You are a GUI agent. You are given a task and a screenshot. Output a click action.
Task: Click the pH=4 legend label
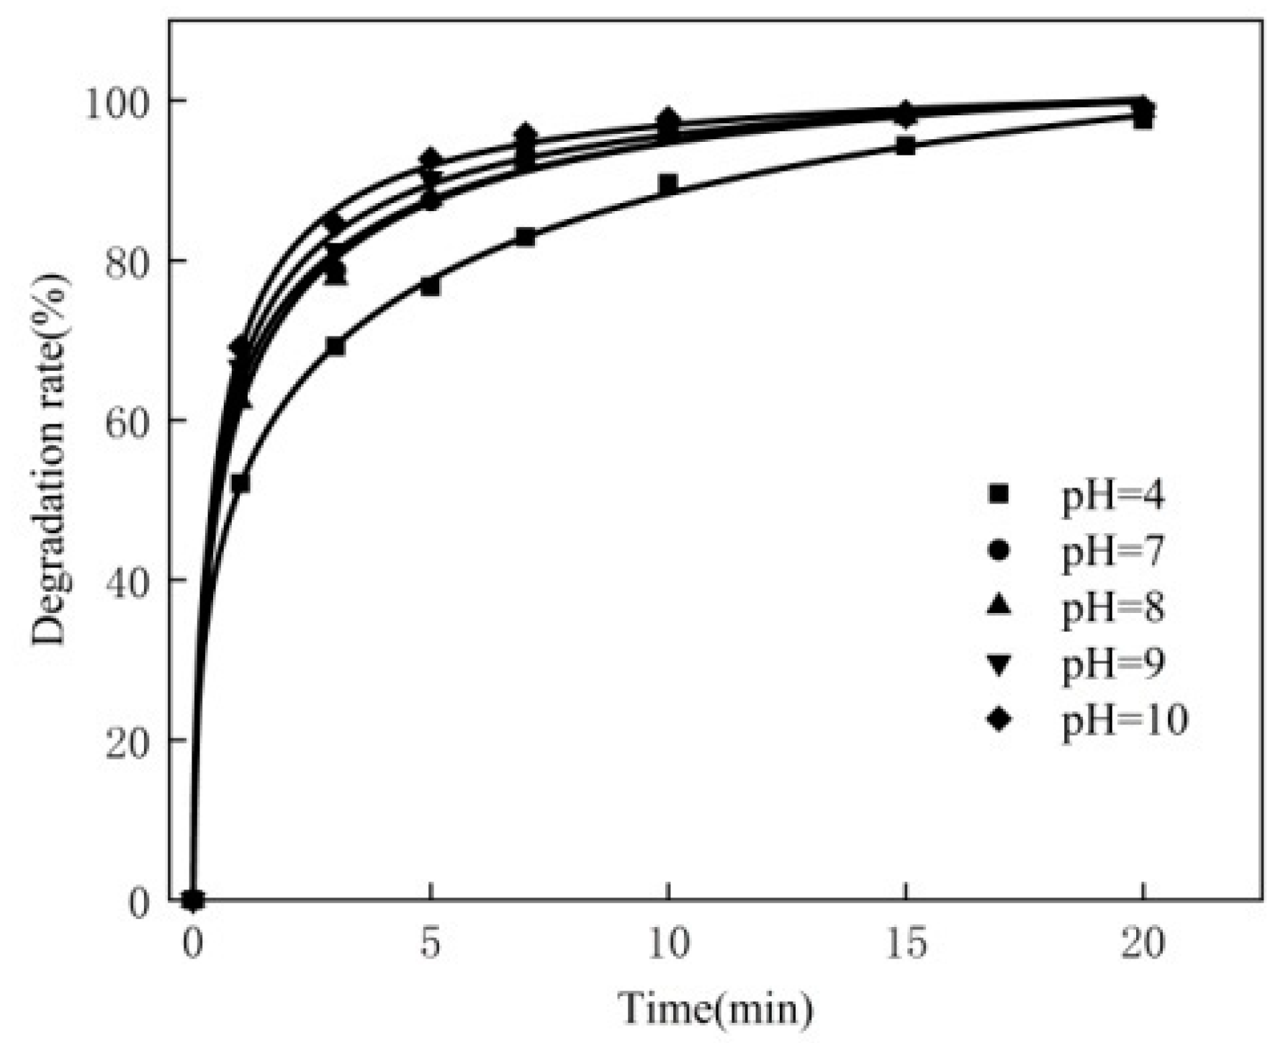1113,496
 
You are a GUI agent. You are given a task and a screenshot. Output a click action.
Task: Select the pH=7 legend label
1113,552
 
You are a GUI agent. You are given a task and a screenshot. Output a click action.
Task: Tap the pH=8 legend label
1113,609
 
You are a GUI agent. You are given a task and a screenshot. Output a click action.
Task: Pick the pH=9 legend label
1113,664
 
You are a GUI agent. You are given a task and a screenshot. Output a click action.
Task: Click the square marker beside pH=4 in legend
999,495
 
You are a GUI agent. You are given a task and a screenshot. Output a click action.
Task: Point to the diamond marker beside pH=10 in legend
999,720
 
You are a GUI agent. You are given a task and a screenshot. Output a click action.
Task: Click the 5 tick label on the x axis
430,944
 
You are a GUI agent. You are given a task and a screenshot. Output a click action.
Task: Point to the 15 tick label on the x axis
906,944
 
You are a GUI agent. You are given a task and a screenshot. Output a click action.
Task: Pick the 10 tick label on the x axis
668,944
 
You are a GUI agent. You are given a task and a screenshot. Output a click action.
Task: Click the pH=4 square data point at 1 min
240,483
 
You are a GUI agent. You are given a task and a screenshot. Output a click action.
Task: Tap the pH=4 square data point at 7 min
526,237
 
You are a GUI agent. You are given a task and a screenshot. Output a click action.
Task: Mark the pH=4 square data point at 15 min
906,146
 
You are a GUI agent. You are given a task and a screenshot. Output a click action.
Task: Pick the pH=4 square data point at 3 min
335,346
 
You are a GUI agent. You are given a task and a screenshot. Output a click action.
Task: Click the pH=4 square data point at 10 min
668,184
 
